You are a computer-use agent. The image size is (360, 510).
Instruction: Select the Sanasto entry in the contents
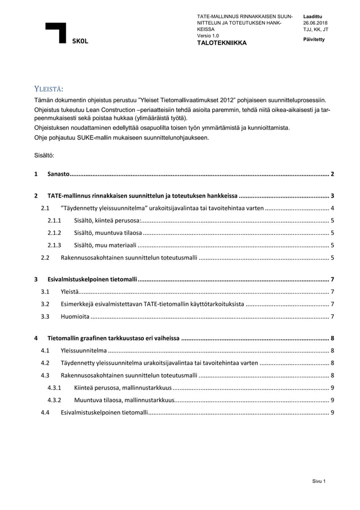tap(58, 174)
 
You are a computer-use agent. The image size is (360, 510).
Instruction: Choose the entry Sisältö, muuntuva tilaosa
tap(108, 233)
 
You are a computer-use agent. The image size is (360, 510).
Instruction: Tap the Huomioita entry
tap(74, 316)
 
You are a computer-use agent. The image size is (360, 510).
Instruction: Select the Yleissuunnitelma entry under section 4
tap(84, 350)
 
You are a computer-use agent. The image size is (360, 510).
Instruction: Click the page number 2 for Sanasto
tap(333, 174)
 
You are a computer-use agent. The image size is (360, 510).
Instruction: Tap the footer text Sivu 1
tap(320, 481)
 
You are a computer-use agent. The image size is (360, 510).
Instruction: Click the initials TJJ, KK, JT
tap(315, 29)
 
